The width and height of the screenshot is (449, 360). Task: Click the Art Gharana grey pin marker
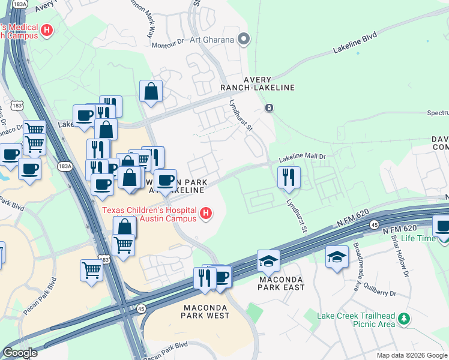click(244, 40)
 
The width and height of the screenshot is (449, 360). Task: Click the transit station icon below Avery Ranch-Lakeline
click(269, 108)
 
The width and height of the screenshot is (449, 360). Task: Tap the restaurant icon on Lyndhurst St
click(289, 177)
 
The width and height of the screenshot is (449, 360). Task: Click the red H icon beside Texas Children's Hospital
click(206, 212)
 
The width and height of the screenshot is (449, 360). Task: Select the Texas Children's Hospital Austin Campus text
click(150, 214)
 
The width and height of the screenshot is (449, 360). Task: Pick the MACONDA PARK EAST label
click(282, 283)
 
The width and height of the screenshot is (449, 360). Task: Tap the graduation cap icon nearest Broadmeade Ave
click(337, 257)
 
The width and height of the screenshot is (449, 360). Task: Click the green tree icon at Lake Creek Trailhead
click(405, 318)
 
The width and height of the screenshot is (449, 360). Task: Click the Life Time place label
click(418, 238)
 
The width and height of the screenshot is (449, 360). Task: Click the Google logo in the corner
click(20, 353)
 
